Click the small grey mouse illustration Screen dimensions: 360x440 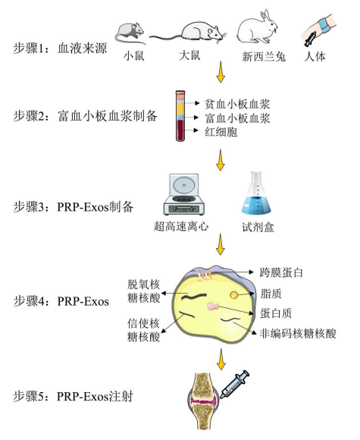point(130,33)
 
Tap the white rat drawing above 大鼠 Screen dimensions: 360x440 point(196,33)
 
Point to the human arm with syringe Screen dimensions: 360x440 point(318,30)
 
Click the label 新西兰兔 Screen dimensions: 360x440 point(264,57)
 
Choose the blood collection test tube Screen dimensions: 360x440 point(180,115)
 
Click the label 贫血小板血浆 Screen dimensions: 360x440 point(237,104)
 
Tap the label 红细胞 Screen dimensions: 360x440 point(221,131)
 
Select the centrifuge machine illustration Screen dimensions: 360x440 point(183,194)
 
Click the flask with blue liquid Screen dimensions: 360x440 point(256,193)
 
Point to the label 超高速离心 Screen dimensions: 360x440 point(181,226)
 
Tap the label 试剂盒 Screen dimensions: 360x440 point(258,227)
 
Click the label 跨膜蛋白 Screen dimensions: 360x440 point(281,272)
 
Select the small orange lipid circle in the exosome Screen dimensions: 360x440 point(234,294)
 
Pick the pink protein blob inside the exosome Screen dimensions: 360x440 point(212,306)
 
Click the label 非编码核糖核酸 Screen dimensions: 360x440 point(298,334)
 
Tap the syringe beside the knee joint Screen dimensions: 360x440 point(234,384)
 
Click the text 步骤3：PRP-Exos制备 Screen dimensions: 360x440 point(74,207)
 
